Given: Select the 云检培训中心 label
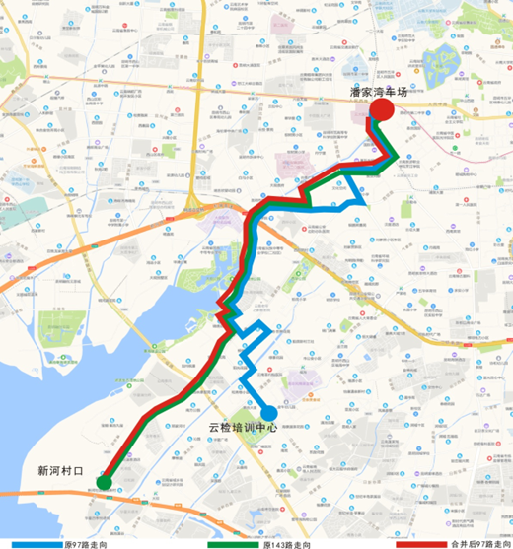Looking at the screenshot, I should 244,429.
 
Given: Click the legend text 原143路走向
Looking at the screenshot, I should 291,543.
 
